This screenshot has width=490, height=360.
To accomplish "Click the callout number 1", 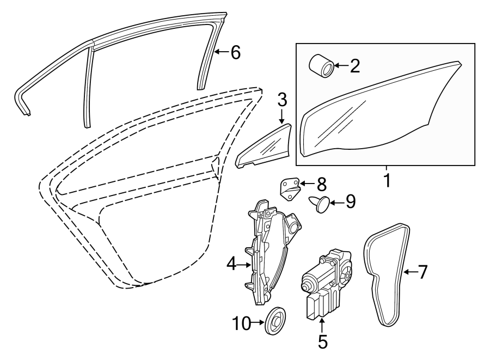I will coord(387,181).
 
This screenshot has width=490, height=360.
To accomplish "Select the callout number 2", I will coord(354,66).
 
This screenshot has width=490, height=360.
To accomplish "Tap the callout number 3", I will coord(281,99).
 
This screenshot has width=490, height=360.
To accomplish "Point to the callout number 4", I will coord(231,265).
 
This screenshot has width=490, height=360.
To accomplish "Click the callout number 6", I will coord(235,52).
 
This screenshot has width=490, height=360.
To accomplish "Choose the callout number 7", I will coord(422,272).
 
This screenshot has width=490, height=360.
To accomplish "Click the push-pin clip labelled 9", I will coord(321,204).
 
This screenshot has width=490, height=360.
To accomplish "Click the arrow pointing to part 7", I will coord(409,272).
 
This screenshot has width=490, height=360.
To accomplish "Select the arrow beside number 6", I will coord(221,52).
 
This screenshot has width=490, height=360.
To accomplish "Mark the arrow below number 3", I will coord(281,116).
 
